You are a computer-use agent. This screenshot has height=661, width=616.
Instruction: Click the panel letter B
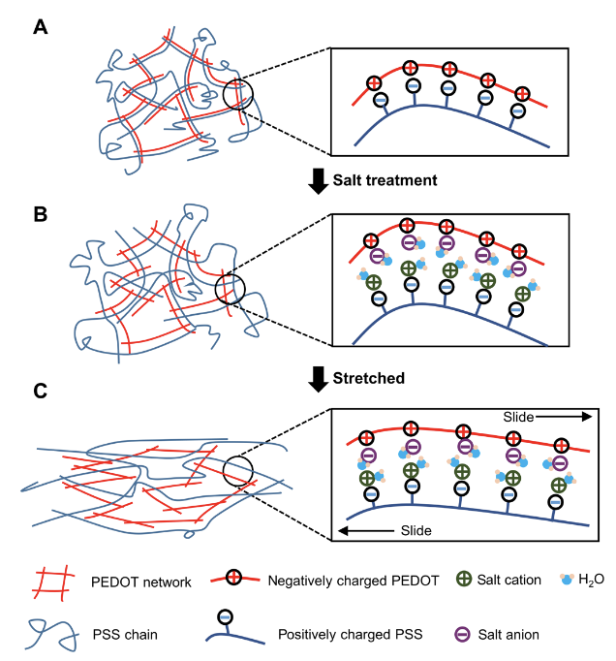[42, 213]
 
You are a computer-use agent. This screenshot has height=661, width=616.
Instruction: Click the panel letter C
[42, 392]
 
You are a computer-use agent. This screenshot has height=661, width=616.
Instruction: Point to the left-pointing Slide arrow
[363, 531]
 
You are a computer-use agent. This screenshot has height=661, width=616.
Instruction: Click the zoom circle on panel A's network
[238, 95]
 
